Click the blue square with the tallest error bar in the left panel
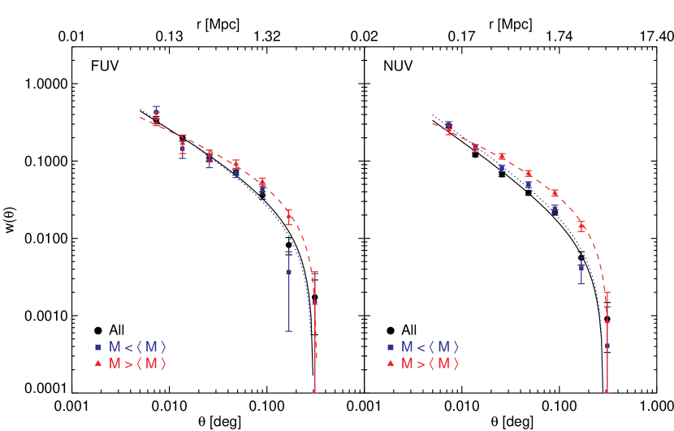click(288, 272)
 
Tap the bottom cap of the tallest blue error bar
click(288, 331)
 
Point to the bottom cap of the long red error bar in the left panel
click(315, 393)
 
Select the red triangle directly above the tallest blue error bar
click(288, 216)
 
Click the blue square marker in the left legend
click(97, 347)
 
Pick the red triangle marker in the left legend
click(97, 364)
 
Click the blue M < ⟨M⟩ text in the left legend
click(137, 347)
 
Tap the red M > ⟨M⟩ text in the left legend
click(137, 364)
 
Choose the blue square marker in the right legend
click(390, 347)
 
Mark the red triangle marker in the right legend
click(390, 364)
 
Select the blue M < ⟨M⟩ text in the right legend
click(430, 347)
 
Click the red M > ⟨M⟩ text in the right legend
click(430, 364)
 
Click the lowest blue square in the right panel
click(607, 346)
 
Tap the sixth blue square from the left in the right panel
click(581, 269)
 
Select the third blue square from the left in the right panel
click(502, 168)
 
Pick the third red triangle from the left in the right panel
click(502, 156)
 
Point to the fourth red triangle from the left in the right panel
click(528, 173)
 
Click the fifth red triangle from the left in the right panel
click(555, 193)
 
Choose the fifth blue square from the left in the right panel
click(555, 208)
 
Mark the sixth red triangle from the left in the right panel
click(581, 226)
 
